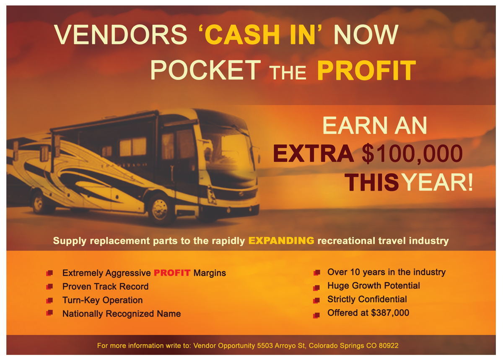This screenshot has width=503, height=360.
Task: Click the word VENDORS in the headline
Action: click(121, 34)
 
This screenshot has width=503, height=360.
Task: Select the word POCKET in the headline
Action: click(206, 70)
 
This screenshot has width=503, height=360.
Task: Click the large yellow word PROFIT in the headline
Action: click(366, 70)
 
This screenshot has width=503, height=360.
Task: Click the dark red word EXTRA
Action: click(314, 154)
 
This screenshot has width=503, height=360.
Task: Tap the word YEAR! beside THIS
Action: click(438, 182)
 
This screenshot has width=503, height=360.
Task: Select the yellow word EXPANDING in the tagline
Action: click(281, 240)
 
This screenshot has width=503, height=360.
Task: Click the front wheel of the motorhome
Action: click(159, 209)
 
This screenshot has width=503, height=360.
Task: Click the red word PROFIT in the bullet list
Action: click(172, 273)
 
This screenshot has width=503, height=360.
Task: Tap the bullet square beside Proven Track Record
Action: click(49, 287)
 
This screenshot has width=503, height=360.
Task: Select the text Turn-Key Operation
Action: click(102, 300)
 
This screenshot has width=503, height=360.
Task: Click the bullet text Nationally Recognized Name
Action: click(122, 314)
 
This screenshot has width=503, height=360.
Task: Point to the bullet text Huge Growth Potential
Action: click(373, 286)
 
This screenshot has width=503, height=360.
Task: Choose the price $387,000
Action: click(390, 313)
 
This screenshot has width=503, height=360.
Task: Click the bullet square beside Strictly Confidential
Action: click(316, 300)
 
